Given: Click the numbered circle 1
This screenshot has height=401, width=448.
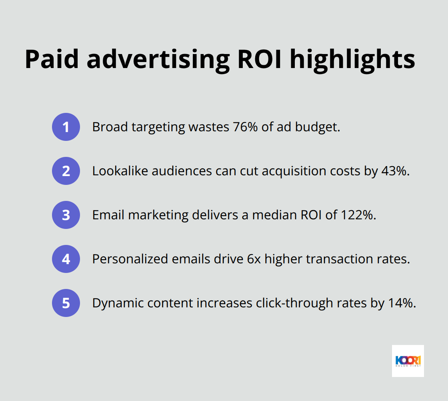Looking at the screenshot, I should pos(66,127).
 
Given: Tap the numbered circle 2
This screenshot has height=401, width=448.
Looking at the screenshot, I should pos(66,171).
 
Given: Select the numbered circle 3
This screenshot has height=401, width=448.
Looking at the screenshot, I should pos(66,215).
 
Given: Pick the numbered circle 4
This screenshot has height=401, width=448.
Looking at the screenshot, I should pos(66,259).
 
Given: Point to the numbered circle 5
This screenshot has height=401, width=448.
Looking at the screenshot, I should pos(66,303).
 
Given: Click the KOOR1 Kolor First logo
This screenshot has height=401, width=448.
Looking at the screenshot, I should pos(408,361).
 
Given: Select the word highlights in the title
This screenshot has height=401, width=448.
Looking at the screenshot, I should pos(352,60).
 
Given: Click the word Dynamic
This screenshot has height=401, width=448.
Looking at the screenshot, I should pos(114,303).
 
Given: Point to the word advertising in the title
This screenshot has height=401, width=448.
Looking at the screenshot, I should pos(159,60).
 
